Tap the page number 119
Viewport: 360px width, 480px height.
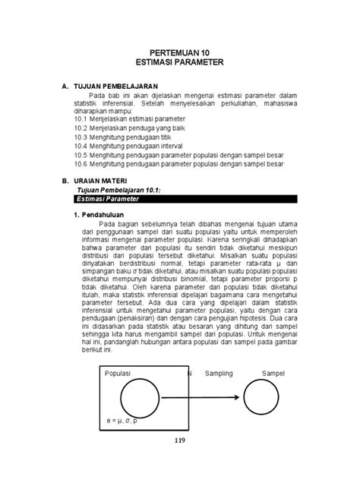(x=179, y=440)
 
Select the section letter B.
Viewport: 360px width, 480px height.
(x=65, y=182)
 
